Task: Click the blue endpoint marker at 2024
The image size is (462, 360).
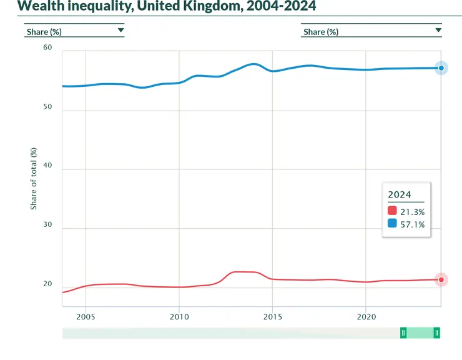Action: tap(441, 67)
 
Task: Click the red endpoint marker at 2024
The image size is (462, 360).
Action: tap(441, 280)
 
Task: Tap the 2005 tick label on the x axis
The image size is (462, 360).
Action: tap(86, 316)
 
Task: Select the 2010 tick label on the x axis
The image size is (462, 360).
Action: tap(179, 316)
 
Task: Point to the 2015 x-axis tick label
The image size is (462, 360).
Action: tap(273, 316)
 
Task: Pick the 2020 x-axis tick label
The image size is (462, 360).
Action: tap(366, 316)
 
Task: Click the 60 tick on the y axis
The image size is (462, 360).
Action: tap(48, 48)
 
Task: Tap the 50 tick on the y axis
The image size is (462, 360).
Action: tap(48, 107)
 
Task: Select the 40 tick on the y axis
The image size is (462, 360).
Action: tap(48, 166)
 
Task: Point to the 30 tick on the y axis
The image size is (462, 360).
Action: tap(48, 226)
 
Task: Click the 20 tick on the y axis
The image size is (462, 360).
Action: tap(48, 284)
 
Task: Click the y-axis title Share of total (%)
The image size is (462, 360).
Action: tap(34, 177)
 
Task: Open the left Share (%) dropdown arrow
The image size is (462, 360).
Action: tap(120, 30)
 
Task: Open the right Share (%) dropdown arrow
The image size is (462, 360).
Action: tap(438, 30)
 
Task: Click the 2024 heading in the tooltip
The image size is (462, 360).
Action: tap(400, 195)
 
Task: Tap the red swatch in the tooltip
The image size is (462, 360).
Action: tap(392, 211)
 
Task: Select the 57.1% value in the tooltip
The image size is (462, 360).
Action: tap(413, 224)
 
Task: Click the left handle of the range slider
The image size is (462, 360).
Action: tap(403, 333)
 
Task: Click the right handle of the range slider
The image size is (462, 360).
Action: tap(437, 333)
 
